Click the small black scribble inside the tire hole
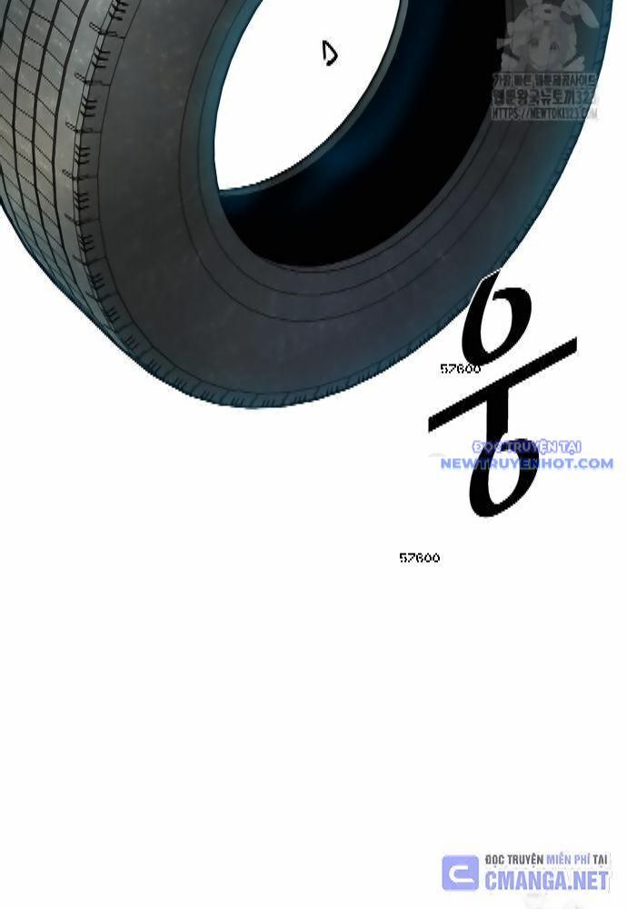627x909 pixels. (330, 55)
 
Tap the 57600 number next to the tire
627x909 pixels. (460, 369)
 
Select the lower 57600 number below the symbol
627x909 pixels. (419, 558)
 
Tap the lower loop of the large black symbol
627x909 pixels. (503, 473)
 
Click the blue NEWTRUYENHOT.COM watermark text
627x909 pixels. (526, 464)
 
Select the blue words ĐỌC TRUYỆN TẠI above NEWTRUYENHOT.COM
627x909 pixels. (526, 446)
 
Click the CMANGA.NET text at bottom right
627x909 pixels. (546, 880)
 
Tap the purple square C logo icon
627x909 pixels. (460, 873)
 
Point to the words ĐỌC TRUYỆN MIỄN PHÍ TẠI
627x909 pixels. (546, 859)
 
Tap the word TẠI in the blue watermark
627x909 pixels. (570, 446)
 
